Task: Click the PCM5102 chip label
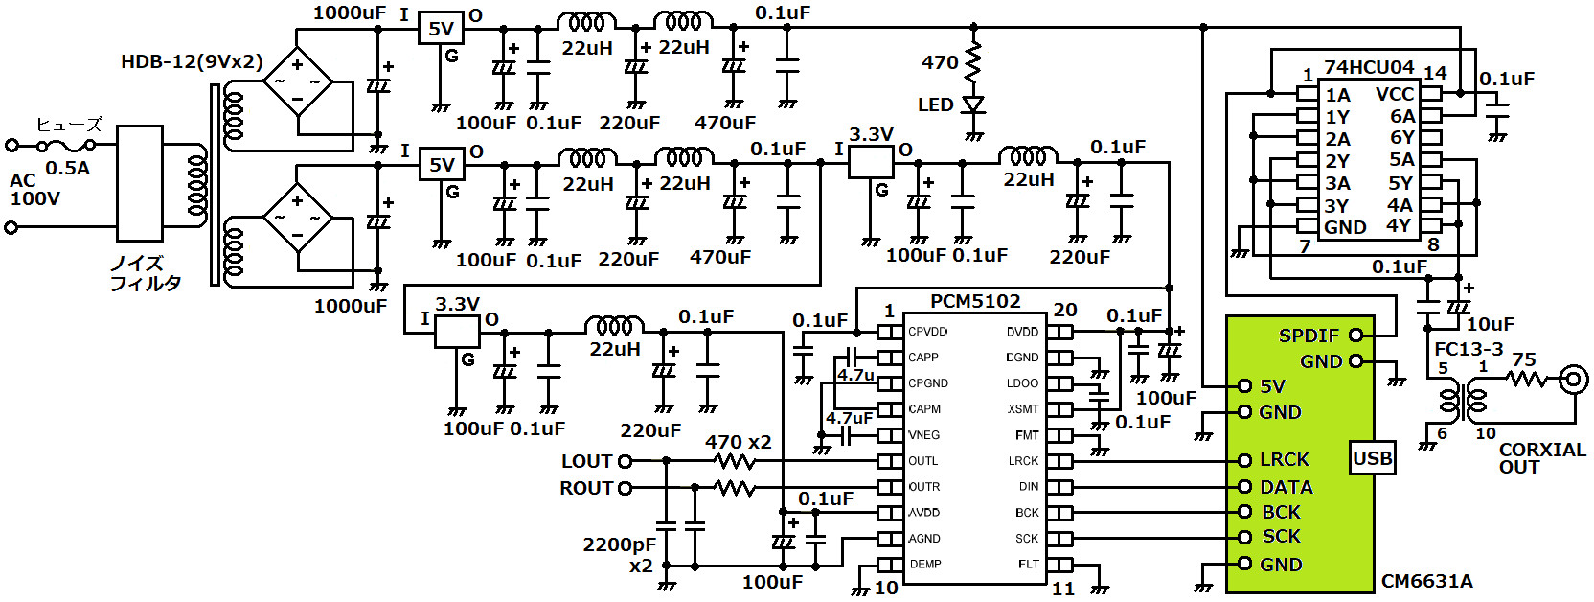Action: pos(975,302)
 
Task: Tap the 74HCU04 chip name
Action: pos(1369,67)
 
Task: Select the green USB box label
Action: pos(1372,458)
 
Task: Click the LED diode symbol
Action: pos(973,104)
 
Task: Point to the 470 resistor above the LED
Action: pos(973,62)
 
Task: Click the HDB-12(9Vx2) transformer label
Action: pos(192,62)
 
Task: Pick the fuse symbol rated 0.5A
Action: pos(66,146)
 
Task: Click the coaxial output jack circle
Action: pos(1573,380)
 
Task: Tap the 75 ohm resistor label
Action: pos(1523,360)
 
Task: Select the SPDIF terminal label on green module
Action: pos(1309,336)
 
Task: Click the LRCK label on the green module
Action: pos(1284,460)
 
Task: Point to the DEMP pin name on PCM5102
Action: pos(925,565)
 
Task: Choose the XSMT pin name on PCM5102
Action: pos(1023,409)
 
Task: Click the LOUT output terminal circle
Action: pos(626,461)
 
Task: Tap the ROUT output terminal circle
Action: pos(626,488)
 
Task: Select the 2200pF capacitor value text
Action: pos(619,544)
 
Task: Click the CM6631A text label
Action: pos(1426,581)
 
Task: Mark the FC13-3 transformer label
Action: pos(1469,349)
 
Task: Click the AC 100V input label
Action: pos(34,190)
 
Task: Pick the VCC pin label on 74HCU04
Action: pos(1395,94)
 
